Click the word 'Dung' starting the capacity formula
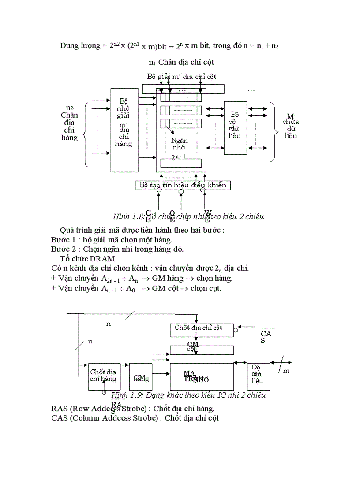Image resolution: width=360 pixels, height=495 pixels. click(69, 46)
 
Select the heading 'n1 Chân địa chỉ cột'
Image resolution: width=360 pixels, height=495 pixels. click(181, 62)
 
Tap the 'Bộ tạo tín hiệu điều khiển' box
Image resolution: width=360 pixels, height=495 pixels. click(183, 185)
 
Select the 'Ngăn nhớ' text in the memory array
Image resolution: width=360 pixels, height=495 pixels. click(179, 144)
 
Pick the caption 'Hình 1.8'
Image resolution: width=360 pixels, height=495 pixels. click(127, 216)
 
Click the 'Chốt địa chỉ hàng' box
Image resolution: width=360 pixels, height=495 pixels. click(104, 376)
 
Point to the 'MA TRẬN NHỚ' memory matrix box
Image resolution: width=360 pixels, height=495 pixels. click(202, 376)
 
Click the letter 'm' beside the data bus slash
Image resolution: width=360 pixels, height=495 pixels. click(286, 371)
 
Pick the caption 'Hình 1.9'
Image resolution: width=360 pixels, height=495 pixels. click(125, 395)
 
